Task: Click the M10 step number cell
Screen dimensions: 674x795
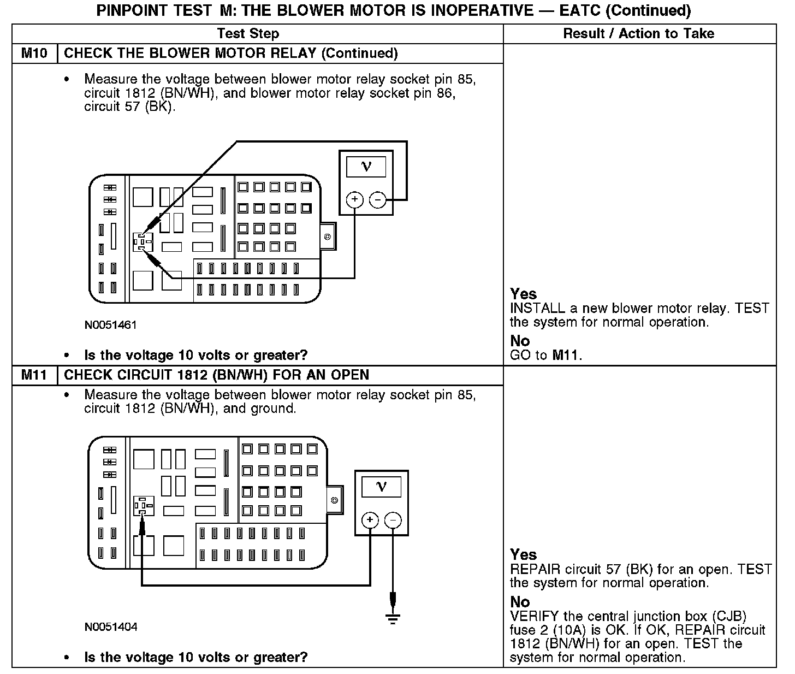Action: tap(34, 54)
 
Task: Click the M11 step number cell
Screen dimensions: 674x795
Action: tap(34, 375)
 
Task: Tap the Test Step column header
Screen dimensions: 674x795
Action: tap(248, 34)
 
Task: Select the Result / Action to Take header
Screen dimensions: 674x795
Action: tap(638, 34)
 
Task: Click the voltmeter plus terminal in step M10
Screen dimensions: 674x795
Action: tap(355, 200)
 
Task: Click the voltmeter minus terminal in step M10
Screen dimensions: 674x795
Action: tap(377, 200)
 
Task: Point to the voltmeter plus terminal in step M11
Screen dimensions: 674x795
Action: tap(370, 520)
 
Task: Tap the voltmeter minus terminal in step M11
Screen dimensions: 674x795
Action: tap(393, 520)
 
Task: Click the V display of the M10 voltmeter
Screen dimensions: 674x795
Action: tap(366, 167)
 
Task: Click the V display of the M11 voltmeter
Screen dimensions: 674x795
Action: tap(381, 486)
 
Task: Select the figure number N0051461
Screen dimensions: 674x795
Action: tap(110, 325)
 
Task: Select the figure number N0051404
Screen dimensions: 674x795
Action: tap(111, 627)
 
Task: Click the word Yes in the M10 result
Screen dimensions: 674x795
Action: tap(523, 294)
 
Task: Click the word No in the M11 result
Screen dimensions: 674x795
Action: tap(520, 602)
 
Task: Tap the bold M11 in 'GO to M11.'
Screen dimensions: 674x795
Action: tap(566, 356)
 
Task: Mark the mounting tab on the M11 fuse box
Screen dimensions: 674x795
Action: tap(335, 500)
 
